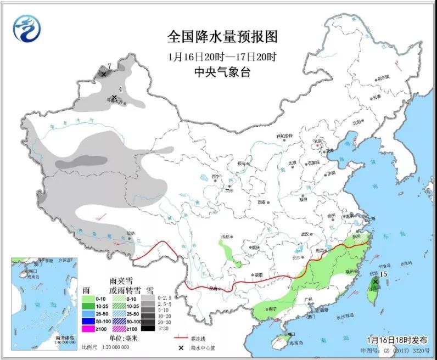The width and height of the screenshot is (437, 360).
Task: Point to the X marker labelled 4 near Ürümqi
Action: tap(114, 97)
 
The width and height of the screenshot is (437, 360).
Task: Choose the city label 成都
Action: tap(224, 236)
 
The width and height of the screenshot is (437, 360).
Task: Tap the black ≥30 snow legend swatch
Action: tap(147, 328)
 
